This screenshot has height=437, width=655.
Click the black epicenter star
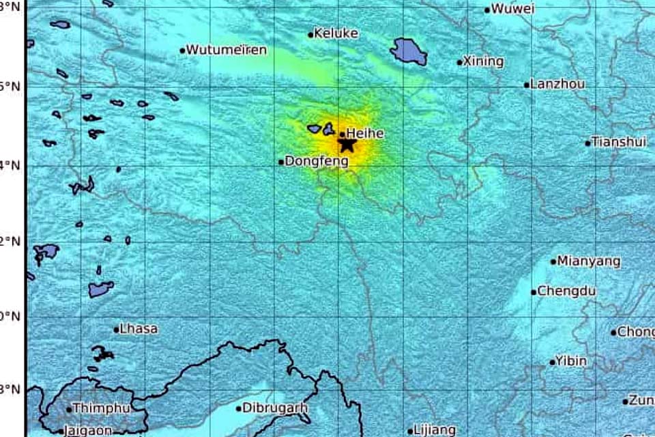point(347,144)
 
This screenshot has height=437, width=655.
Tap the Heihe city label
point(365,134)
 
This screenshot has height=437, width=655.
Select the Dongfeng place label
point(316,162)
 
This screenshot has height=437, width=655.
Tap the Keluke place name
point(336,33)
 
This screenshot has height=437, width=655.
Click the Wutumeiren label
point(227,50)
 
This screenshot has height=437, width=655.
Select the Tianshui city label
point(618,142)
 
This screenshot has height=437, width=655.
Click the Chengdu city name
point(566,291)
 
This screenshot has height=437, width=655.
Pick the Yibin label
point(571,361)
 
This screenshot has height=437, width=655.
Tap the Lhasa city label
point(139,329)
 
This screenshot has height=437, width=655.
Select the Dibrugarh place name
point(276,408)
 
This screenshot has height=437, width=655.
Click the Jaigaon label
point(89,430)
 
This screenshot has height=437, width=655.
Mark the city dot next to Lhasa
point(116,330)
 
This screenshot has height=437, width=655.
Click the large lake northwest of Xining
point(408,51)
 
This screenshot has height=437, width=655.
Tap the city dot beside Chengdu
point(534,292)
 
